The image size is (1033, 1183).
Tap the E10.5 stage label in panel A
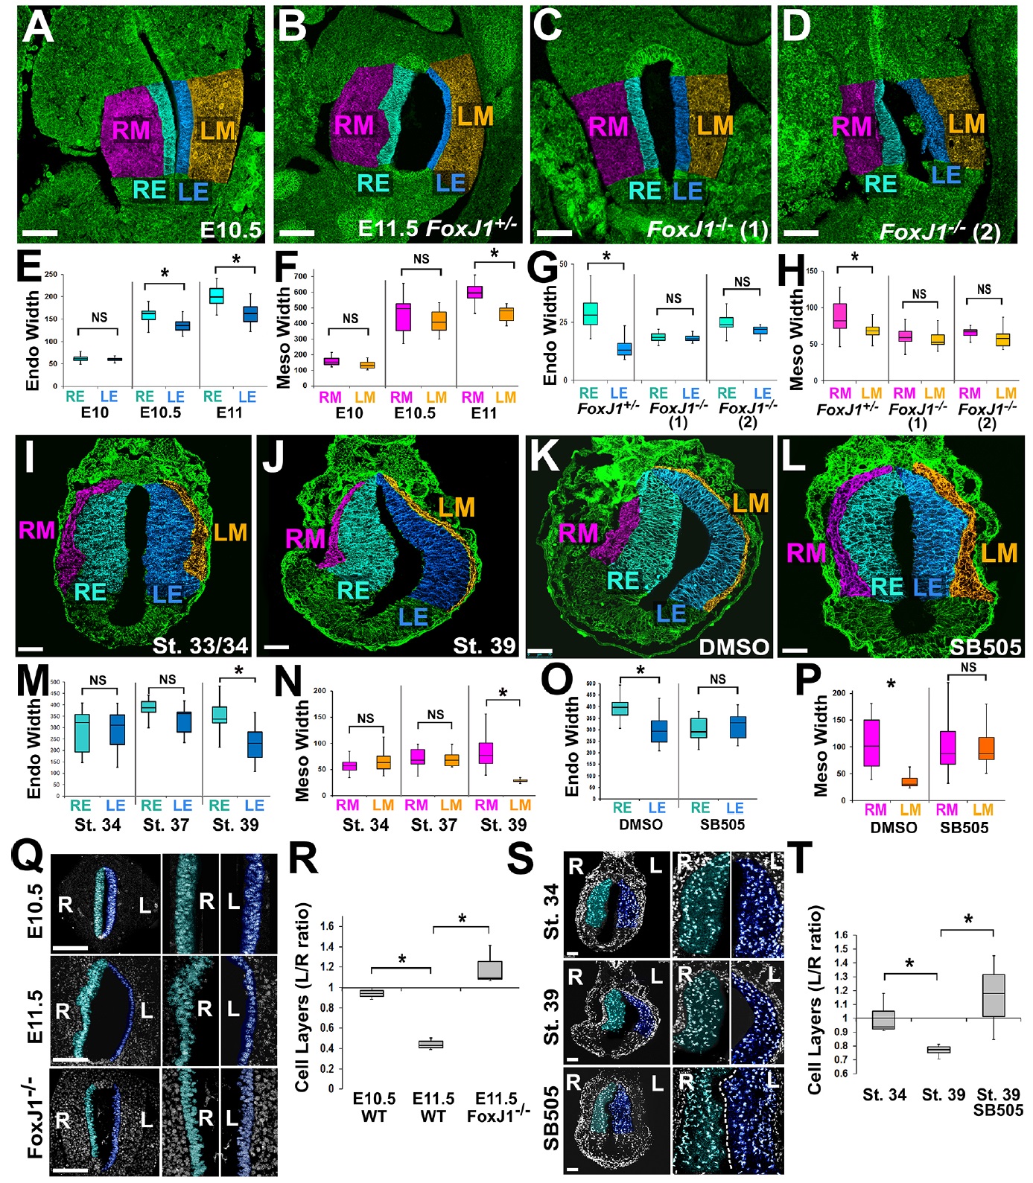[231, 229]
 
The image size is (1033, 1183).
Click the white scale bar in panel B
[297, 232]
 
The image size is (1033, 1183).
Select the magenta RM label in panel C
[608, 127]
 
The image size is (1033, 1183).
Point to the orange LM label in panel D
[966, 124]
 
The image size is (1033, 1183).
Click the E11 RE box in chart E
[216, 296]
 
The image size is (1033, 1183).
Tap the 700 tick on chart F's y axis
[300, 276]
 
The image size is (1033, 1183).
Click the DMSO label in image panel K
[734, 646]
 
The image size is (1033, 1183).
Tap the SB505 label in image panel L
[985, 646]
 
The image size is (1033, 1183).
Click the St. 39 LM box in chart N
[519, 780]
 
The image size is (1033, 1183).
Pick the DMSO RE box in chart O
[620, 708]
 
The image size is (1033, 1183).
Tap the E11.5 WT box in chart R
[430, 1045]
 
